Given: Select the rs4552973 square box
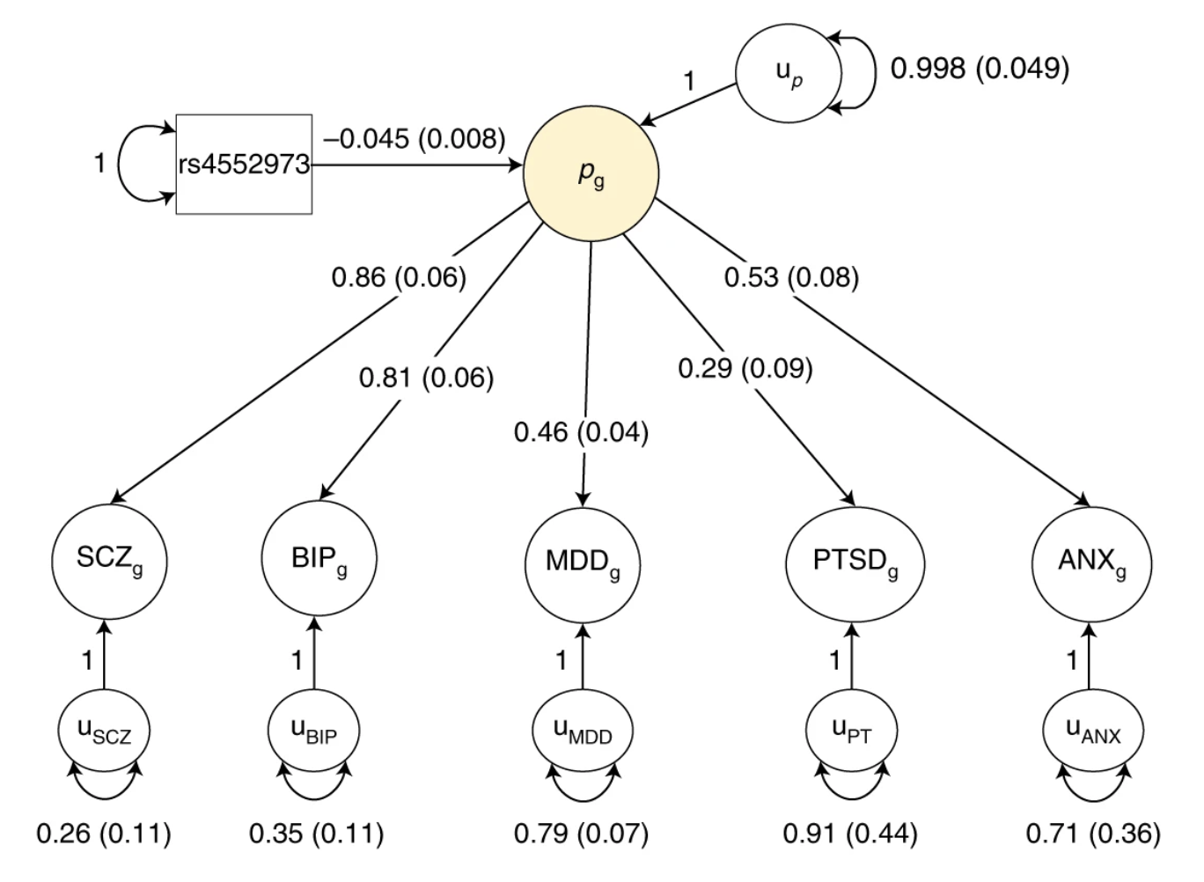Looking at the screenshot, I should [244, 164].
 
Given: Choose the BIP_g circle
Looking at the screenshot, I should [319, 558].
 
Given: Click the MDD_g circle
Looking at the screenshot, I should [583, 562].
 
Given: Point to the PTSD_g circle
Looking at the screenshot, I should [855, 562].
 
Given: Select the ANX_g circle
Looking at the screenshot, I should [1091, 562].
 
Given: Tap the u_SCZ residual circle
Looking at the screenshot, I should [104, 731].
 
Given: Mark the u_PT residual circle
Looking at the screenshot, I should [851, 731].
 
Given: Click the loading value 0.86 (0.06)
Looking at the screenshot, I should [399, 277].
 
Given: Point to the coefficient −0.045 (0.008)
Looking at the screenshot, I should [415, 138].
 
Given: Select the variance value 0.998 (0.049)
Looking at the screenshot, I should [980, 68].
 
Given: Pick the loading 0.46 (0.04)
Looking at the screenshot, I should [581, 432].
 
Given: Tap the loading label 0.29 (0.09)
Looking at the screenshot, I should [745, 367].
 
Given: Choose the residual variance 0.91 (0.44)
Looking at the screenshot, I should [850, 833].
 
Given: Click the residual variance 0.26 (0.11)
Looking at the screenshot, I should [104, 833].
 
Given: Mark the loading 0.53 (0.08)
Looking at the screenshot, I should [791, 277].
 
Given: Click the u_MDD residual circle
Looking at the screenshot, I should [582, 731].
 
